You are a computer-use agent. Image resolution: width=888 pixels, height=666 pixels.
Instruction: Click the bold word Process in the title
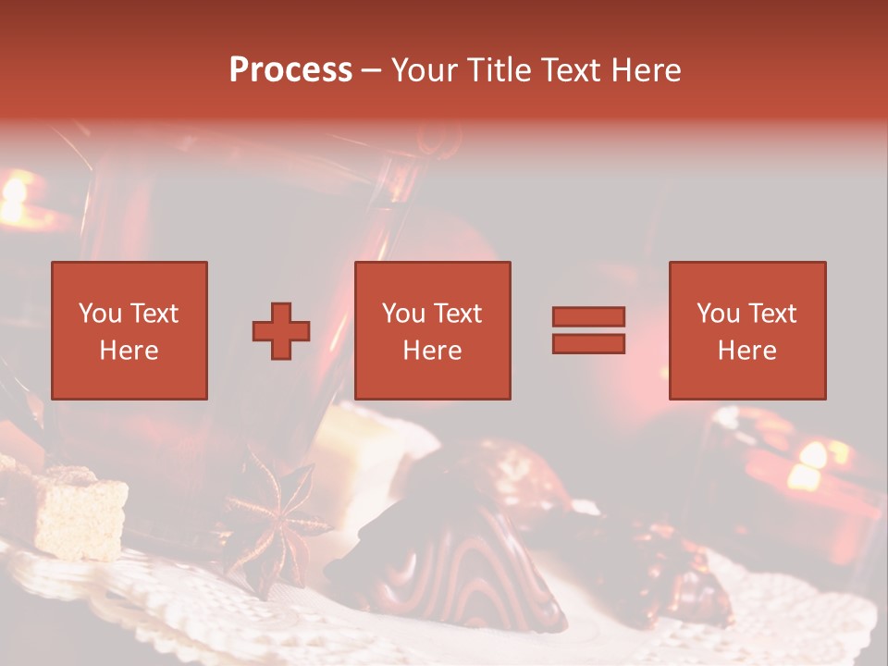tap(290, 70)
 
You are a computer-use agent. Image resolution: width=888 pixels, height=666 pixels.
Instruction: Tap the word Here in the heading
tap(647, 70)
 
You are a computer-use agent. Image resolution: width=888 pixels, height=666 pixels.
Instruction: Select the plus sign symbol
tap(281, 331)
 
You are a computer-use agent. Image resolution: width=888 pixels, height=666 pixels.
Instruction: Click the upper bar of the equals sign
tap(588, 317)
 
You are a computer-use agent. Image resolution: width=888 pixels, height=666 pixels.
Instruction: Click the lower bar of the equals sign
tap(588, 344)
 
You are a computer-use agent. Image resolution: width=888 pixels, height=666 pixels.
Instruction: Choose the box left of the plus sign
tap(129, 330)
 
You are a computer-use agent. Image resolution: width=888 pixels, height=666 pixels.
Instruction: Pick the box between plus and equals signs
tap(432, 330)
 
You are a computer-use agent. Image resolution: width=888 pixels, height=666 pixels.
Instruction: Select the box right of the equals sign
tap(746, 330)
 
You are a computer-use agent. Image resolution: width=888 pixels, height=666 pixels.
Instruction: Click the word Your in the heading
tap(425, 70)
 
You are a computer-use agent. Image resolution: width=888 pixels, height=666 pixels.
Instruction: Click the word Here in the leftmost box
tap(129, 351)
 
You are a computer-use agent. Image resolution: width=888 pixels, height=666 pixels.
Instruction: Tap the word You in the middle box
tap(403, 314)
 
